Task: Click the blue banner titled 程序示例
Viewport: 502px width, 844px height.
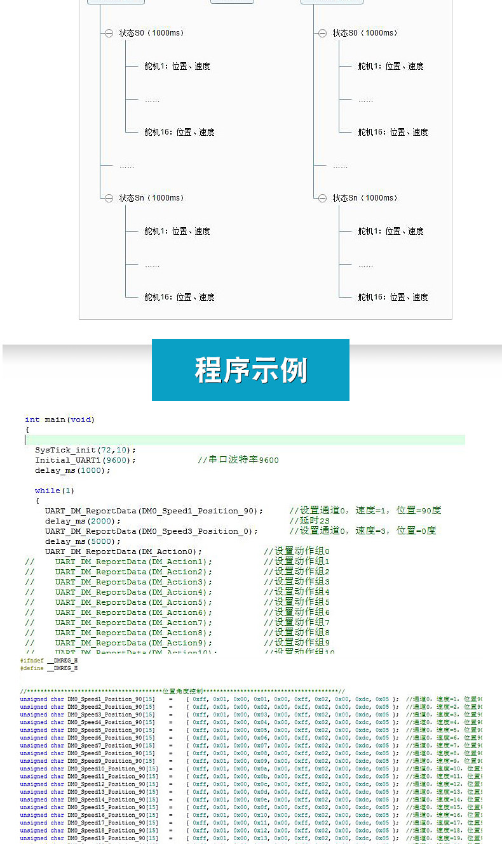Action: click(x=250, y=370)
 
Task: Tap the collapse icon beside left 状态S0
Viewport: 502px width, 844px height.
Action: click(x=109, y=33)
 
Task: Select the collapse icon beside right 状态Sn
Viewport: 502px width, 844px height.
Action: click(x=322, y=198)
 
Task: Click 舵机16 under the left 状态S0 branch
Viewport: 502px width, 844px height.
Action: click(x=179, y=132)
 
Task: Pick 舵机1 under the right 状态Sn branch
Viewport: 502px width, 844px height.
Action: click(x=390, y=231)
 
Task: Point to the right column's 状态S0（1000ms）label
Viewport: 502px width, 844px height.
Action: click(x=365, y=33)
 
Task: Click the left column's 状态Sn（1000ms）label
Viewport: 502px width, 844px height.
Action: click(x=151, y=198)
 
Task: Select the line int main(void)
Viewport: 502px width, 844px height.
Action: click(x=60, y=419)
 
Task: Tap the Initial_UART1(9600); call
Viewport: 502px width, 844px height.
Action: click(x=85, y=460)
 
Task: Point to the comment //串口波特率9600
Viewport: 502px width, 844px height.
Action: click(x=238, y=460)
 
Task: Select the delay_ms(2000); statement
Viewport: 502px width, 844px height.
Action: click(x=83, y=521)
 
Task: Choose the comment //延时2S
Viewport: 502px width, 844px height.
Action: click(x=309, y=521)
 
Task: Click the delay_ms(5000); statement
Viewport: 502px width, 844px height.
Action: click(x=83, y=541)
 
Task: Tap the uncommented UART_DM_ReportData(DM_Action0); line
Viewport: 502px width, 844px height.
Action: click(x=123, y=551)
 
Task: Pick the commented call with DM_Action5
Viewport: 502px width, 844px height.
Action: click(x=133, y=602)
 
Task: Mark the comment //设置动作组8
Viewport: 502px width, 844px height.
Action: click(x=297, y=633)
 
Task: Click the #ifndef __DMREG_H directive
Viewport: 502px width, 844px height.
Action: click(x=49, y=661)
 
